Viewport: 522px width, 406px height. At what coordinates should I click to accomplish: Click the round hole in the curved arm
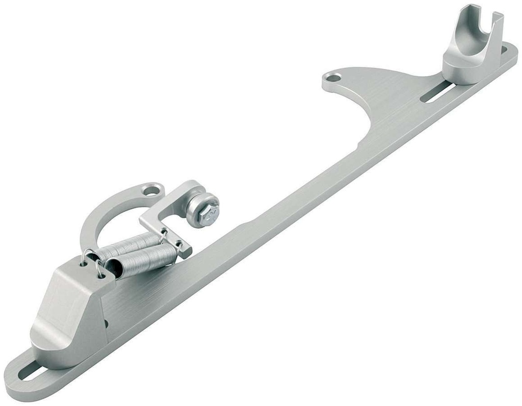(x=151, y=191)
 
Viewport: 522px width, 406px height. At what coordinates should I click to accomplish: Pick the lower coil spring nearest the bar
(x=143, y=261)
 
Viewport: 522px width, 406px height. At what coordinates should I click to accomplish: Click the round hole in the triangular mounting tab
(x=333, y=79)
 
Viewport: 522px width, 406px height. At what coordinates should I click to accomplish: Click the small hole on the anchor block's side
(x=106, y=323)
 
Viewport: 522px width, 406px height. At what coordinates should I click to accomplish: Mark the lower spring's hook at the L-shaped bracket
(x=178, y=248)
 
